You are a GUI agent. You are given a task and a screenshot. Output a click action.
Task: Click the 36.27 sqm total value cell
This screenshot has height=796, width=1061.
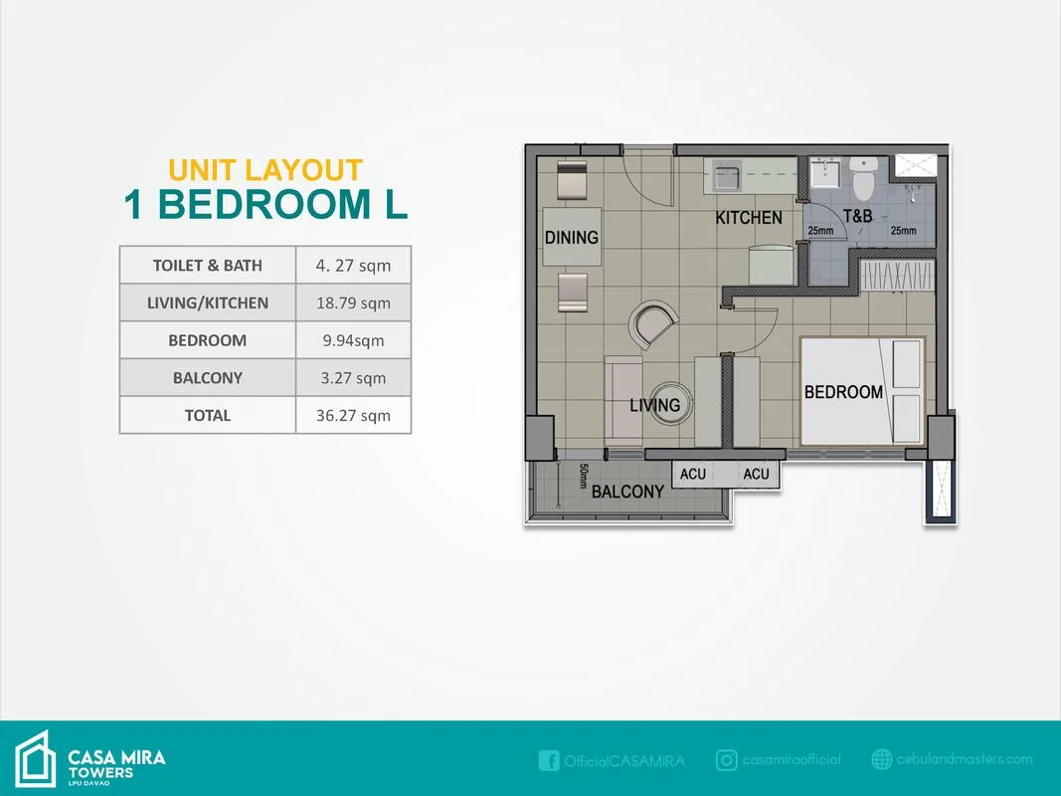353,415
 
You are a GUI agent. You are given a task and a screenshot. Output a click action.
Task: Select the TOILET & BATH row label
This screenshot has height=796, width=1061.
208,266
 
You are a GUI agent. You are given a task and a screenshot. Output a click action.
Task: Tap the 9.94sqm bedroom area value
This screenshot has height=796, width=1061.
353,340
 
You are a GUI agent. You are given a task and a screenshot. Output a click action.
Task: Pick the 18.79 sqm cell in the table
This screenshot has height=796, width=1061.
353,302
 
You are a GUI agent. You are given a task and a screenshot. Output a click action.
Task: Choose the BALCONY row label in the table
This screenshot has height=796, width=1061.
208,378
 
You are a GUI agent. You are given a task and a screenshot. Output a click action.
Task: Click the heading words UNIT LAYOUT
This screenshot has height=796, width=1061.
265,170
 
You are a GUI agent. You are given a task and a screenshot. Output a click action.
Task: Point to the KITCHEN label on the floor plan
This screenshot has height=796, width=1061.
749,218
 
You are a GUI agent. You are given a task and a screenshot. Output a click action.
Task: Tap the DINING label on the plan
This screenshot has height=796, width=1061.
572,238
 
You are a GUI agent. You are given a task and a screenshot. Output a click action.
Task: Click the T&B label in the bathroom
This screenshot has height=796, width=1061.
858,217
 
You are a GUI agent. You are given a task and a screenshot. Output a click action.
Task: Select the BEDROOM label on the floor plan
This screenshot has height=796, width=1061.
843,392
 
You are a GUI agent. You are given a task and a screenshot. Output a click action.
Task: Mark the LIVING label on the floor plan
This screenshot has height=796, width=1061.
654,405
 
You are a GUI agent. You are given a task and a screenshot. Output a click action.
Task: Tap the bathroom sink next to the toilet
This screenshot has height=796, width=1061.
825,172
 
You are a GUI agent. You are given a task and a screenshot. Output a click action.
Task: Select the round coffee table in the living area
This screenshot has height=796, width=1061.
670,404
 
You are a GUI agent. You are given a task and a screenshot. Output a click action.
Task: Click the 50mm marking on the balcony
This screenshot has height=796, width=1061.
584,476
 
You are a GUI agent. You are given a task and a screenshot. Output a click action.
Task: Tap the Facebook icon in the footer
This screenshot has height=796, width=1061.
549,760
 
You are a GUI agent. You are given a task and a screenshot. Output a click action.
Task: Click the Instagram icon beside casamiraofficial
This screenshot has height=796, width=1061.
726,760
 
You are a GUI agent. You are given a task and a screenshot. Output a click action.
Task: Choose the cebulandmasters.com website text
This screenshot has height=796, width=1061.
965,759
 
